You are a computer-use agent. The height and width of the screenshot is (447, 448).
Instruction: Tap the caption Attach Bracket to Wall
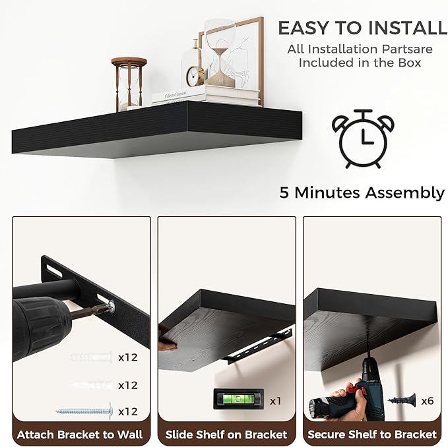pos(79,434)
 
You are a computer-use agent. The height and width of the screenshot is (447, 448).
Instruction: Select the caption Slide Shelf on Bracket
pos(226,434)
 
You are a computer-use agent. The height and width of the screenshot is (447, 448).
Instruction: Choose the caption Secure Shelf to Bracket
pos(372,434)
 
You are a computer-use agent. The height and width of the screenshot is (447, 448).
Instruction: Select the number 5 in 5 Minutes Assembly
pos(284,193)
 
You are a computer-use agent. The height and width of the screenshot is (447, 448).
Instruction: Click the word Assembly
pos(405,193)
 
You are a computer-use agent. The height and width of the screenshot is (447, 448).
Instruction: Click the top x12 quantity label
pos(127,358)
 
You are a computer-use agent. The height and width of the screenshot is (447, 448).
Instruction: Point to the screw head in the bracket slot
pos(109,306)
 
